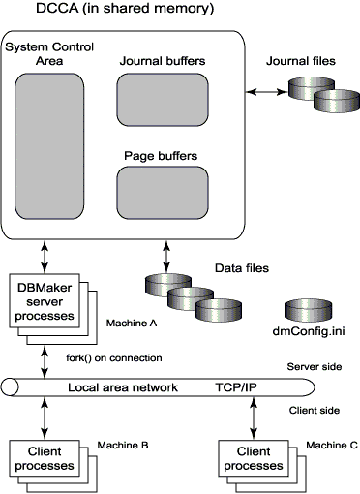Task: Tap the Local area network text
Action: [x=122, y=386]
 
